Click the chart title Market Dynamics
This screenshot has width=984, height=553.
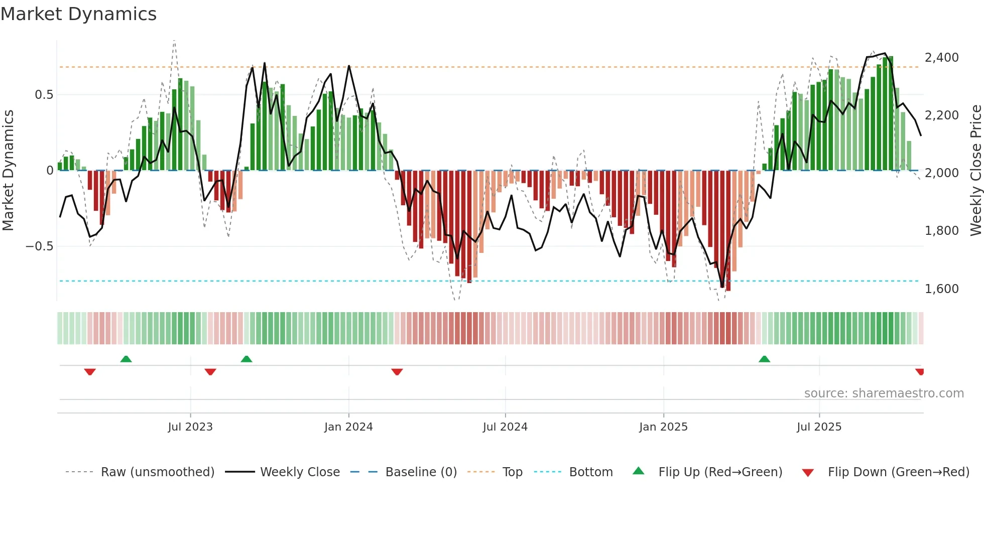pyautogui.click(x=78, y=14)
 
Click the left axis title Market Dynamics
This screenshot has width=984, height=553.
pyautogui.click(x=8, y=170)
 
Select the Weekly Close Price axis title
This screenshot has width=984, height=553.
pyautogui.click(x=975, y=170)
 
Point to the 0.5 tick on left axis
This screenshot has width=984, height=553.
pyautogui.click(x=44, y=95)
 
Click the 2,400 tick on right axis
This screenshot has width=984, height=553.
pyautogui.click(x=941, y=58)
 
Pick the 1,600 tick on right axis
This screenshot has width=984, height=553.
pyautogui.click(x=941, y=289)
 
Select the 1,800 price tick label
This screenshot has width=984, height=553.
pyautogui.click(x=941, y=231)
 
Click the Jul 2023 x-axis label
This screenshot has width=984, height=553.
pyautogui.click(x=190, y=427)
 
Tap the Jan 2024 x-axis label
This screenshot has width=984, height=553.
pyautogui.click(x=348, y=427)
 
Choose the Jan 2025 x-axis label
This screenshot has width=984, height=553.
pyautogui.click(x=663, y=427)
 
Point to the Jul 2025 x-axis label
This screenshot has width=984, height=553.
pyautogui.click(x=819, y=427)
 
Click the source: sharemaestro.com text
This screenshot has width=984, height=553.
pyautogui.click(x=884, y=393)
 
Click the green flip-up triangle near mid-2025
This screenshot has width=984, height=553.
pyautogui.click(x=764, y=359)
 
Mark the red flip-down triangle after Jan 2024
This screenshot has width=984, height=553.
pyautogui.click(x=397, y=372)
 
